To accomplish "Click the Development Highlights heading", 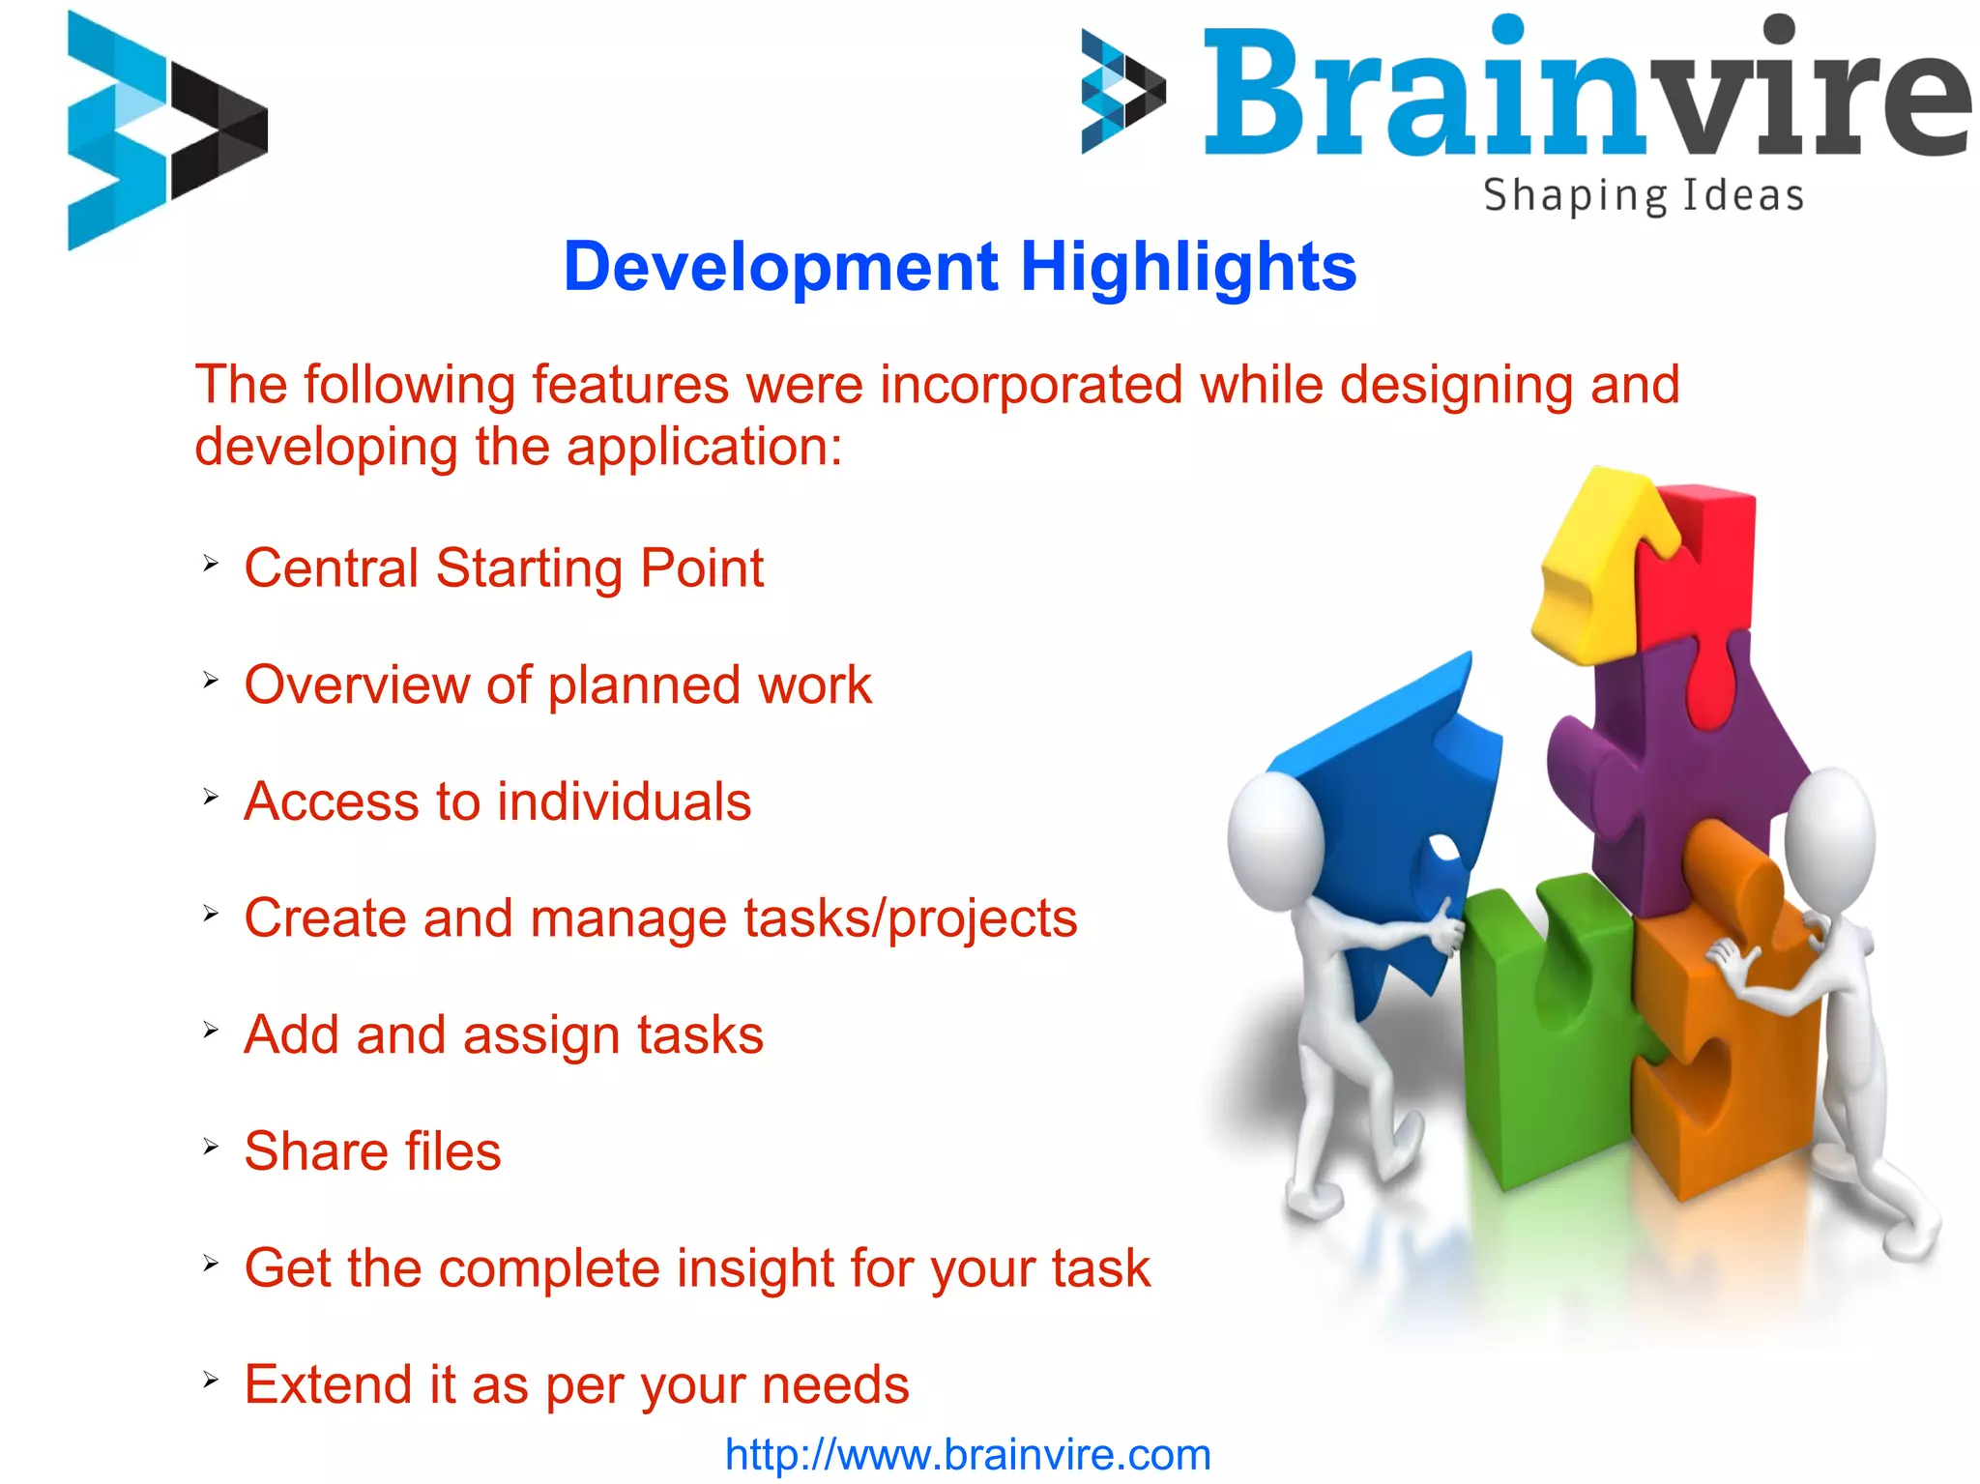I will tap(959, 267).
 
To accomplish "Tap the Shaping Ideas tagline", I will tap(1643, 195).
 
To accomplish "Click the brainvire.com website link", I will tap(968, 1455).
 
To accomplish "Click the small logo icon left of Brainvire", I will tap(1122, 92).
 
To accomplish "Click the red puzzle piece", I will tap(1702, 580).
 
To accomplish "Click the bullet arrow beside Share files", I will tap(211, 1148).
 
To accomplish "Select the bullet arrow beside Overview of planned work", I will tap(211, 681).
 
